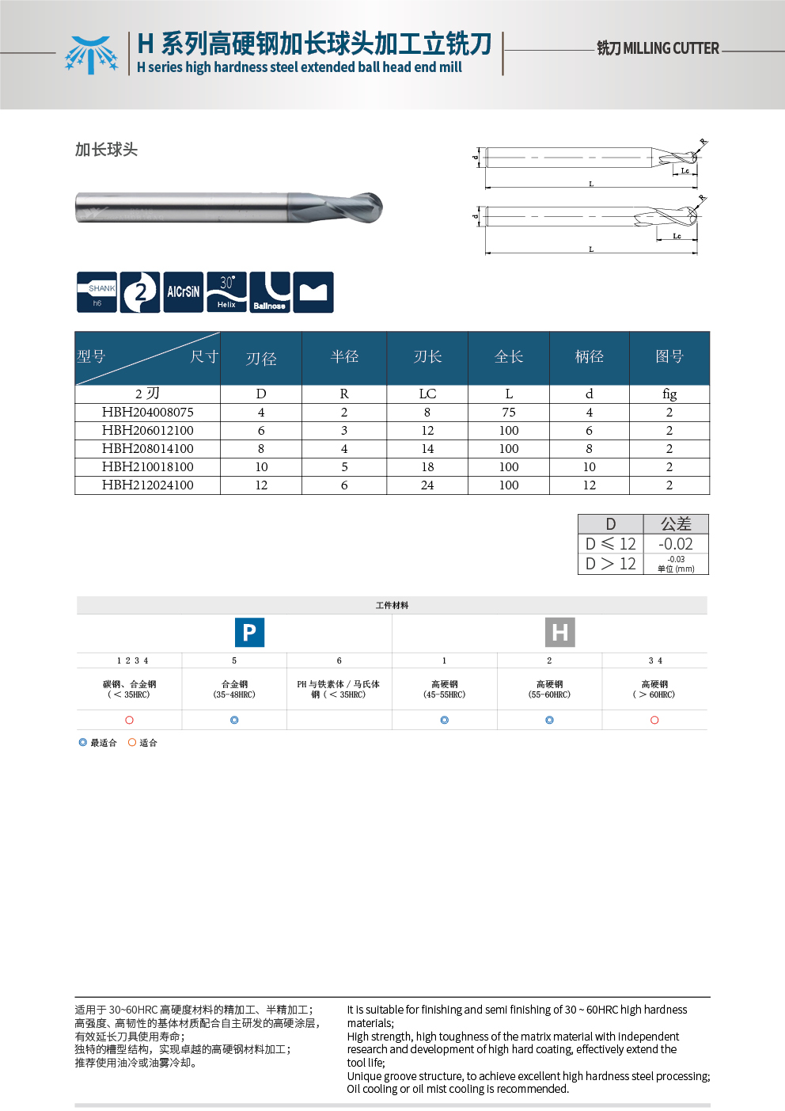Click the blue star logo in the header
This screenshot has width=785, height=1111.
[91, 55]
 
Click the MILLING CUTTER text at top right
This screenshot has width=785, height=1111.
[658, 48]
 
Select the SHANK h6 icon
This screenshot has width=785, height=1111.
[97, 292]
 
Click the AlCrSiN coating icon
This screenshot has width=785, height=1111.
[183, 292]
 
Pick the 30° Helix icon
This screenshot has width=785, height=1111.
[226, 292]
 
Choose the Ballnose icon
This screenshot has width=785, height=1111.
[270, 292]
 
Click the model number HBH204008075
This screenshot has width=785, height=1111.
[147, 413]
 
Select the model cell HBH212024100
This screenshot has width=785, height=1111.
[147, 485]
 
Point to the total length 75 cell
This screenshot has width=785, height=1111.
[509, 413]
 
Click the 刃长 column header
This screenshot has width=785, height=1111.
[427, 357]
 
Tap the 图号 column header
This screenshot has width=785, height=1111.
[669, 357]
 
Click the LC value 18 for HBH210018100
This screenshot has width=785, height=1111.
[427, 467]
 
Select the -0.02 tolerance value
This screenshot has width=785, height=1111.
[676, 544]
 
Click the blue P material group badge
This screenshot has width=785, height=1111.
[249, 633]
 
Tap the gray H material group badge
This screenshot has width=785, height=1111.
[560, 633]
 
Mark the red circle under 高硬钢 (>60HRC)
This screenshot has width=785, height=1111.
[654, 720]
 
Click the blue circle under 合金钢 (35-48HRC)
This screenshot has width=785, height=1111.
[234, 720]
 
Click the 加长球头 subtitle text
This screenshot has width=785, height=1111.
[106, 150]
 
